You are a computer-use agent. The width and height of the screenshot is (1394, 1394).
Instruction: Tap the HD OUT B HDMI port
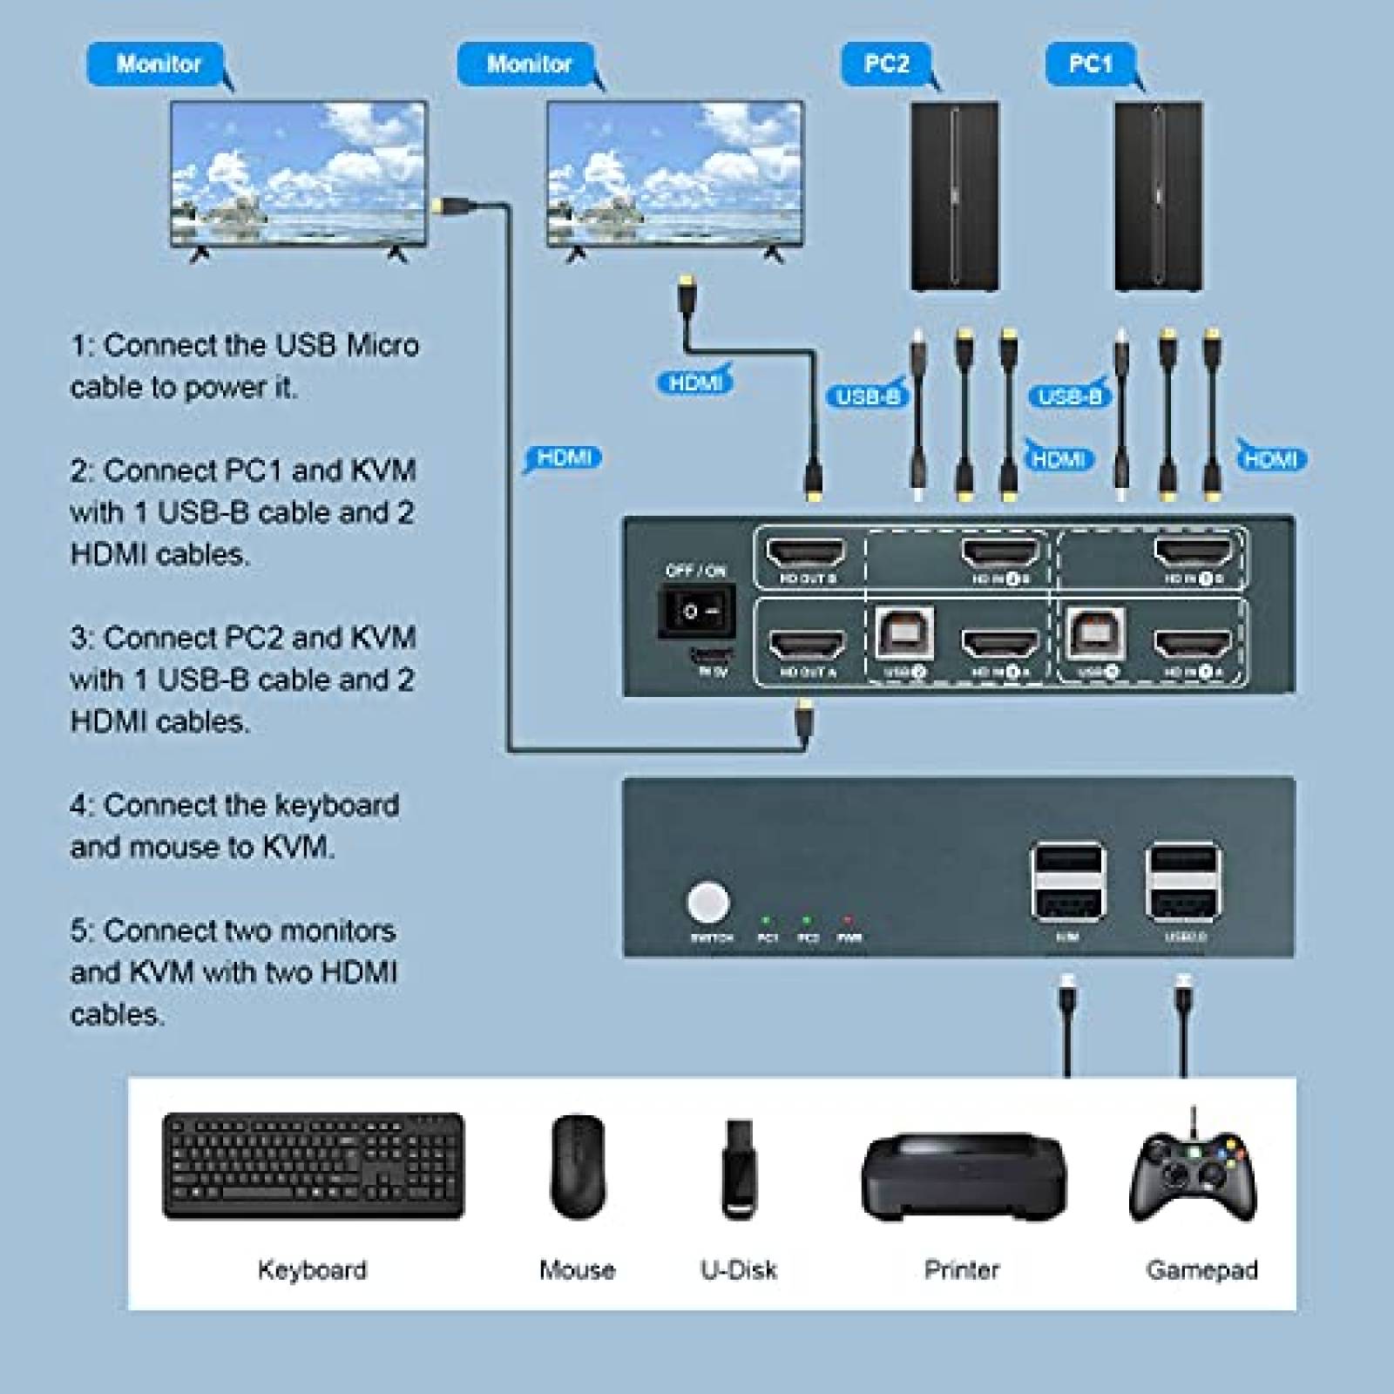[x=806, y=553]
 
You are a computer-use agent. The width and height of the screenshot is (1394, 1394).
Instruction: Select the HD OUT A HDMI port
[x=807, y=646]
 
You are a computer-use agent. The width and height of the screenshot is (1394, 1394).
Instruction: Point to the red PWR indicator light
[x=848, y=920]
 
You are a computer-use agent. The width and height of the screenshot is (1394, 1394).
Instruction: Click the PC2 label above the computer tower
[x=886, y=64]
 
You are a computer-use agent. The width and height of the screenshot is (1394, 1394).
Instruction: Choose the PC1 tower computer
[x=1159, y=196]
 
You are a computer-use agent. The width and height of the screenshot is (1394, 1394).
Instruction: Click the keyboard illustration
[x=313, y=1165]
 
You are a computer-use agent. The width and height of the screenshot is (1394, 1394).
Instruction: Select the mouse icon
[x=578, y=1166]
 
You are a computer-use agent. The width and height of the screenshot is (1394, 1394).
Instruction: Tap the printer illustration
[x=963, y=1174]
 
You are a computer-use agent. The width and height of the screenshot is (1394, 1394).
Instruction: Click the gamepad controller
[x=1194, y=1172]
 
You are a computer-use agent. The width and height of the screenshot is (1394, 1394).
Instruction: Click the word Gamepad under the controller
[x=1201, y=1270]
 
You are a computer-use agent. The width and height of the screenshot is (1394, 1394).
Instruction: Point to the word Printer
[x=961, y=1270]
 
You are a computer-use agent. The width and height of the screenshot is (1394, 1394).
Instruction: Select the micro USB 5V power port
[x=712, y=653]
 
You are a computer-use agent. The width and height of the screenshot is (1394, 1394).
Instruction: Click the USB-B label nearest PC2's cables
[x=867, y=397]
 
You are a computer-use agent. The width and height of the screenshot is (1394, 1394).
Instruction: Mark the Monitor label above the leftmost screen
[x=159, y=64]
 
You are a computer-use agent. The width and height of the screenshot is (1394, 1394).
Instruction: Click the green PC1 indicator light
[x=766, y=920]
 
